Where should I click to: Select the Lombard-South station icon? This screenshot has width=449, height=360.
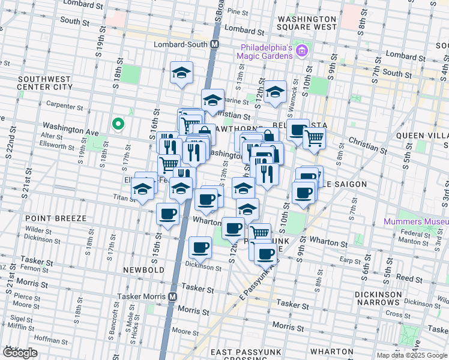tap(215, 45)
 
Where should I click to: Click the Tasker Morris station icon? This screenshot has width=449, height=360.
tap(173, 297)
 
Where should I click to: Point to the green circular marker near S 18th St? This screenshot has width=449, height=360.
tap(118, 124)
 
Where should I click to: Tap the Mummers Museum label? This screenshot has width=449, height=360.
tap(416, 222)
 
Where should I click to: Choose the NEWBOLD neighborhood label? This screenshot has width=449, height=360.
tap(143, 271)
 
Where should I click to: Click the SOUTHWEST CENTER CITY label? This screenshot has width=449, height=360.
tap(45, 83)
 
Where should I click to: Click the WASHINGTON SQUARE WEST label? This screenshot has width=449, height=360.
tap(307, 23)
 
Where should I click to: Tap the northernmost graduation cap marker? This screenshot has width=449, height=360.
tap(182, 73)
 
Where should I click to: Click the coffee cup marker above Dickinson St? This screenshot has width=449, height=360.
tap(200, 246)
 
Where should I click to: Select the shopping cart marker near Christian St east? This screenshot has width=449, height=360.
tap(315, 138)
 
